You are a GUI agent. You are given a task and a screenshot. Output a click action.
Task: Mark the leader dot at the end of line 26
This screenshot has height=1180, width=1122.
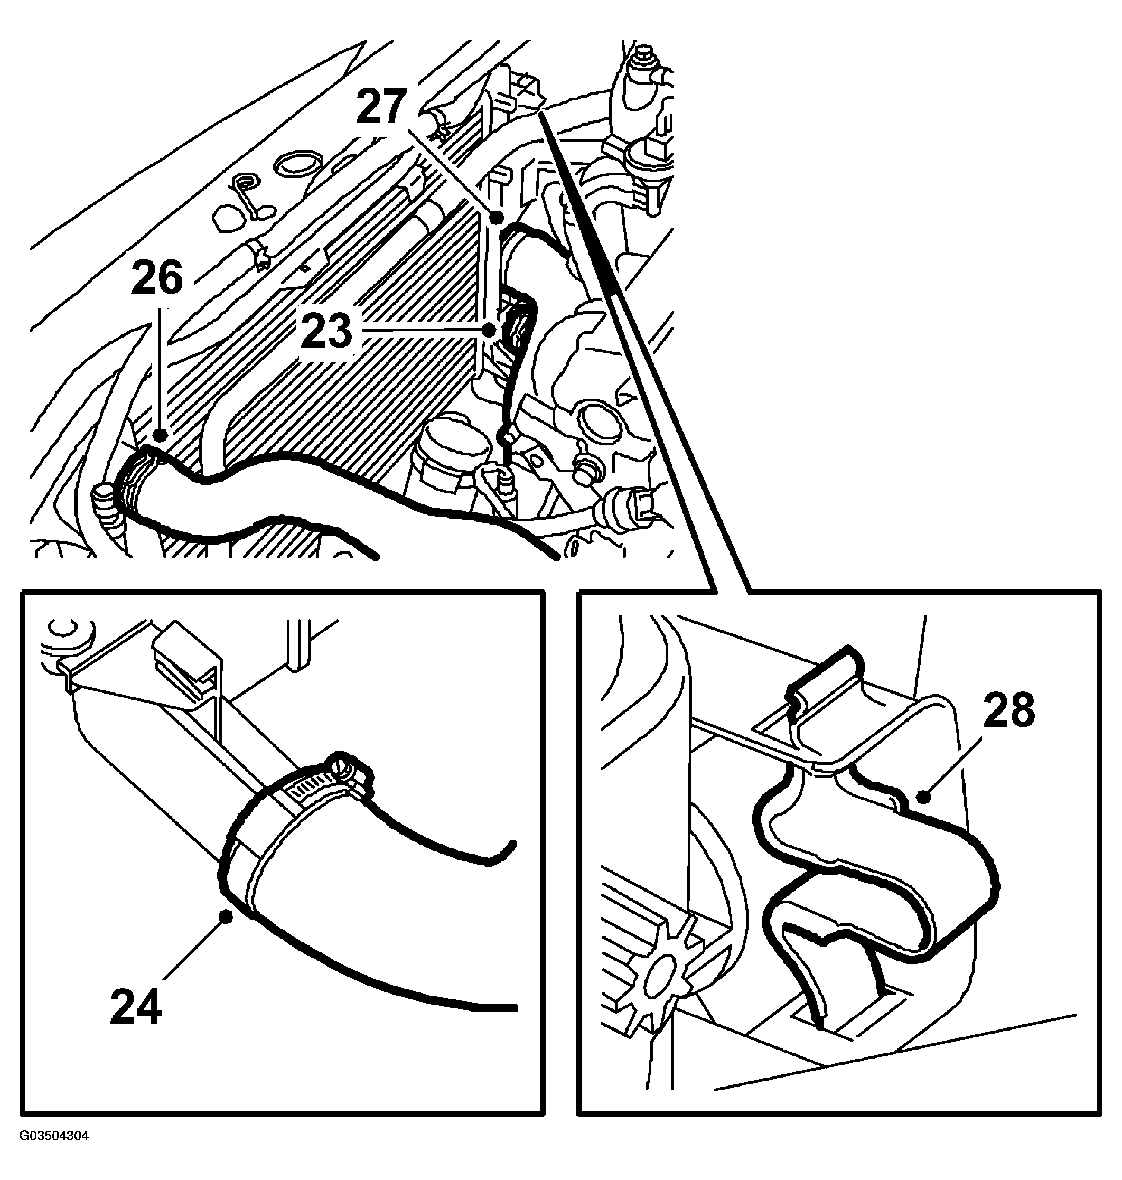160,435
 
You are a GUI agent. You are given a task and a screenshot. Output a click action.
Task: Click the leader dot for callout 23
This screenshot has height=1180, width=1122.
489,330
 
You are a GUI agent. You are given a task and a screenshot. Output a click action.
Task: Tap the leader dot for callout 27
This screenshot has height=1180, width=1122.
496,217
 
